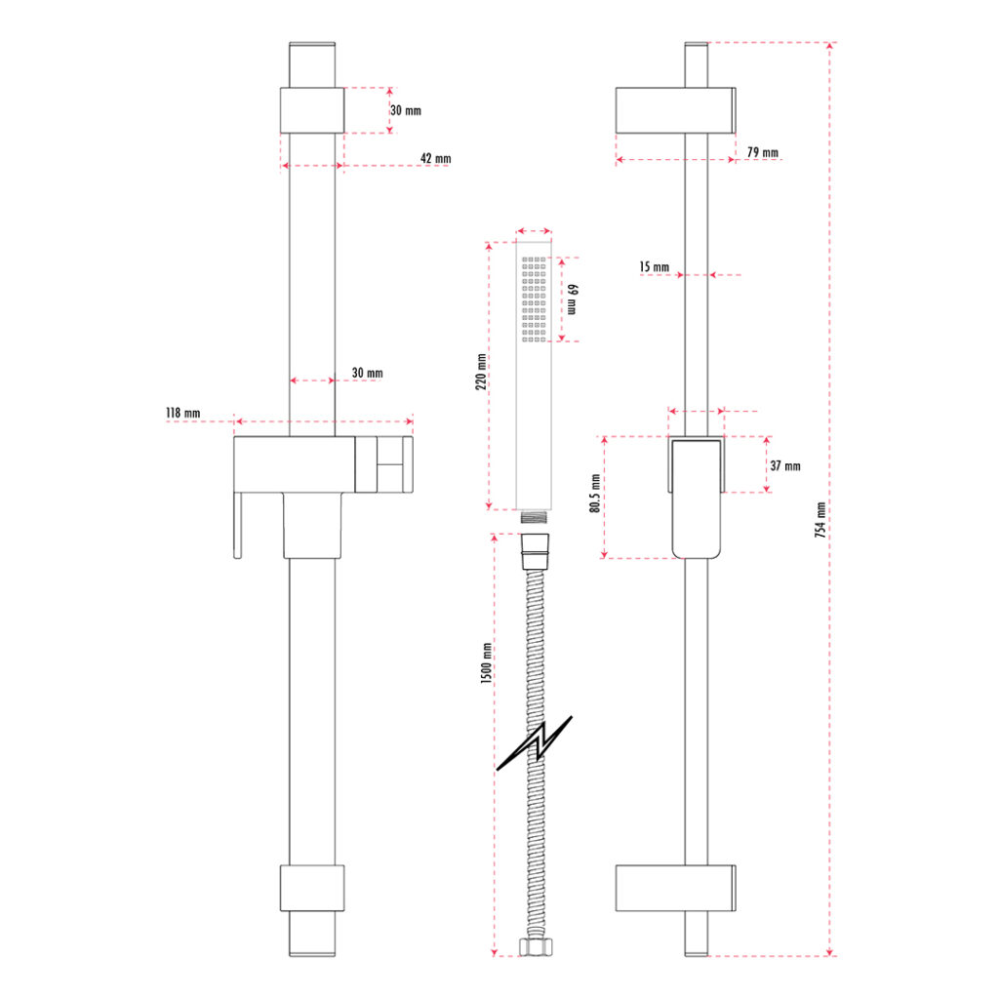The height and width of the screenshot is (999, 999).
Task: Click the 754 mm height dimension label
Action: point(820,519)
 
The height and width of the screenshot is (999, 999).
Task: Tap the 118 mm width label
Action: point(182,414)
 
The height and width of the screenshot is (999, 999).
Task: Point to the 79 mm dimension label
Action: point(762,152)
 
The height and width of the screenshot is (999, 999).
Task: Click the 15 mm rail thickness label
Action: point(654,267)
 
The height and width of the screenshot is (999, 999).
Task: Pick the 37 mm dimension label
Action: point(784,466)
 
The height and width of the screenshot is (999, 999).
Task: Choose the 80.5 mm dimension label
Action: point(593,498)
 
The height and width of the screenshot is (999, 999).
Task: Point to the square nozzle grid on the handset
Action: point(536,299)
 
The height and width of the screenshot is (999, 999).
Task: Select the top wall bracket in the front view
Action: point(312,110)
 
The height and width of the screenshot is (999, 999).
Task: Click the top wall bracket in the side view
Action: point(674,110)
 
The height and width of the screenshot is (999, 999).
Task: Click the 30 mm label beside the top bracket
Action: point(406,110)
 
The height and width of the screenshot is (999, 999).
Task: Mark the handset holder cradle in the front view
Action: point(383,463)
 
